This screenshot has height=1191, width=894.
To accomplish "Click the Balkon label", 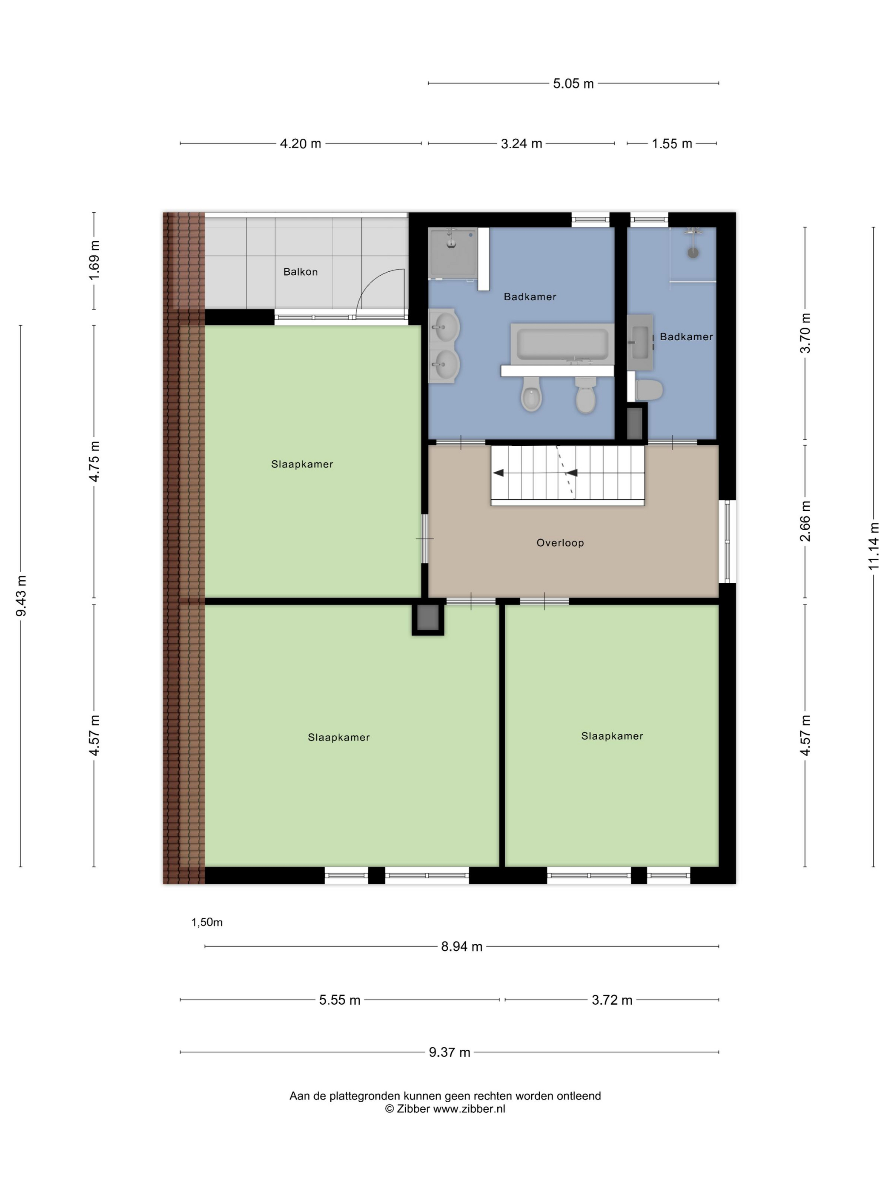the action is click(x=300, y=272).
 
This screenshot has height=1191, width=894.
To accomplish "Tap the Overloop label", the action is click(x=560, y=543).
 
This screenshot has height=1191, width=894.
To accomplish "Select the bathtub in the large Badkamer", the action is click(x=562, y=344).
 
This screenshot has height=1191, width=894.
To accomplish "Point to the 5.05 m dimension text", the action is click(x=573, y=83).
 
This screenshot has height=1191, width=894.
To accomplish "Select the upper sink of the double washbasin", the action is click(x=444, y=326).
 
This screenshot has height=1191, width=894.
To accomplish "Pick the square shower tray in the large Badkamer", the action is click(x=453, y=254).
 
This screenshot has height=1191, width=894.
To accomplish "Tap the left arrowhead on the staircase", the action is click(x=499, y=473).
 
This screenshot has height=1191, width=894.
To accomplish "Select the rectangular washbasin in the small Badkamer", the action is click(x=640, y=342).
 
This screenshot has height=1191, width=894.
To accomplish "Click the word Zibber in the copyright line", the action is click(x=413, y=1108).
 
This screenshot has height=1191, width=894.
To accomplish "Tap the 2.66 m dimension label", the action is click(x=805, y=521).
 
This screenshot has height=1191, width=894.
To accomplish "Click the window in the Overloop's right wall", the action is click(x=727, y=541).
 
